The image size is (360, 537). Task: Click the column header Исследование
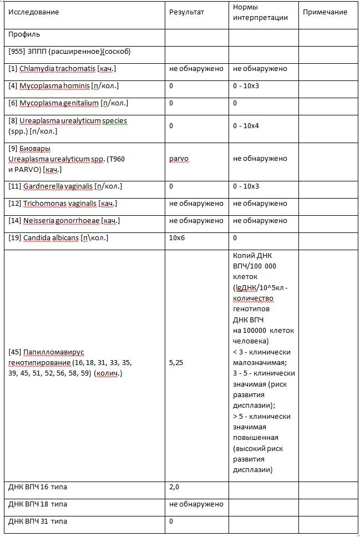34,12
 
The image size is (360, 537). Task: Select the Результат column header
187,12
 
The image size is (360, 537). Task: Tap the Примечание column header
325,12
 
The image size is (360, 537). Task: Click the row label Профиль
24,34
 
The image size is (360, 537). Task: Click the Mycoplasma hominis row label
63,86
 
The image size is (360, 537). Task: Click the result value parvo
179,159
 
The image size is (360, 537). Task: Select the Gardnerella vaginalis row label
65,186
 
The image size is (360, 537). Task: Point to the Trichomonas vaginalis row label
62,204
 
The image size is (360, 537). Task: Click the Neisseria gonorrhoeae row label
64,221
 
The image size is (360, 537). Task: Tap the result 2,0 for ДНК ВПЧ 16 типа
174,487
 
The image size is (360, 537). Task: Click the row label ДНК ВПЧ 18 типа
38,504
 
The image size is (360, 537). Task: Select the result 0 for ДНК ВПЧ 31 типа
171,521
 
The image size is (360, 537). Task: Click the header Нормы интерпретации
252,12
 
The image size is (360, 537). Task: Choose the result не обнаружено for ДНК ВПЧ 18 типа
196,504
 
